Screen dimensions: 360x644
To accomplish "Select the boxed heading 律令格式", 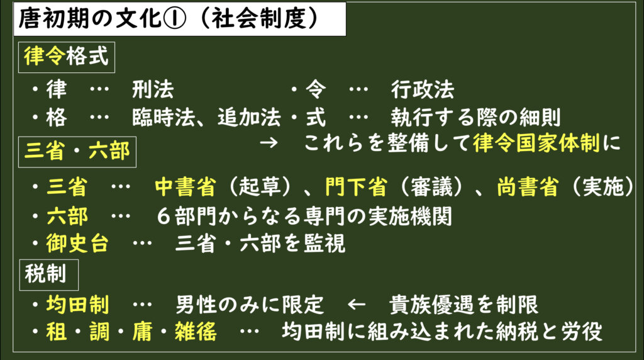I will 67,57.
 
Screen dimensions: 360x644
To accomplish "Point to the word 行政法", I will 422,90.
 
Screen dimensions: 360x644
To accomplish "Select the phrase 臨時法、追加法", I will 207,118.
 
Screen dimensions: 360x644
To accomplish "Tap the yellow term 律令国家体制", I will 536,144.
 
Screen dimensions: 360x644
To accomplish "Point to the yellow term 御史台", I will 77,244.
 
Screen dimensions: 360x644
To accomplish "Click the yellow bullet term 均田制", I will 77,305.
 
